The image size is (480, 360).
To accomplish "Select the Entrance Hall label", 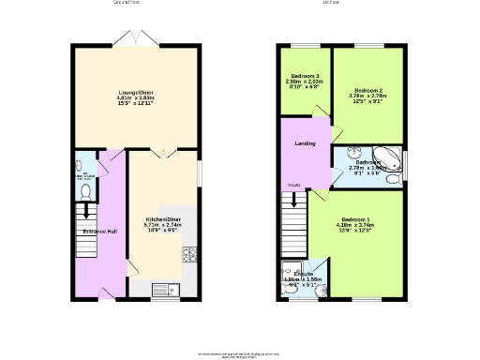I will [x=99, y=231].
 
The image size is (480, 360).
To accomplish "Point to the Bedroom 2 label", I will [x=367, y=90].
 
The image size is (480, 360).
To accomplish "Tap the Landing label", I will [x=305, y=143].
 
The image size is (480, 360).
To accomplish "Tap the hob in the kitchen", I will [x=187, y=253].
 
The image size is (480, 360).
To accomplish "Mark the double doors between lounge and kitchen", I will [x=162, y=150].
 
